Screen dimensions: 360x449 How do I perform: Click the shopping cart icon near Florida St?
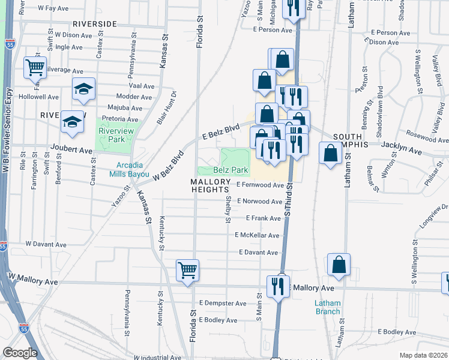click(187, 270)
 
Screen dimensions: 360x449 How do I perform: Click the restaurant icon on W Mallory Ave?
click(279, 285)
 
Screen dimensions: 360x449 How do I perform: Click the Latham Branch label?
click(327, 307)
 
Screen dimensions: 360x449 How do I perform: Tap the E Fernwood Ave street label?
click(259, 185)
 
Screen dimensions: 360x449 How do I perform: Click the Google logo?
click(20, 352)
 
